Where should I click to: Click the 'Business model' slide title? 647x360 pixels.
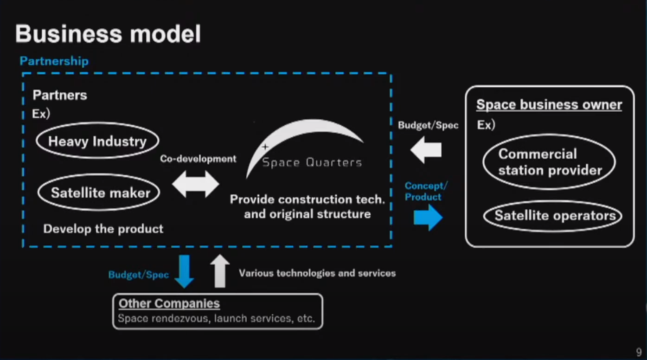coord(108,34)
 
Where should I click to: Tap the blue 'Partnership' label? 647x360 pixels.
coord(54,61)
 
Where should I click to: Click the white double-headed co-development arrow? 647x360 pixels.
coord(196,184)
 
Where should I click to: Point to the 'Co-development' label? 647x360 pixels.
coord(198,159)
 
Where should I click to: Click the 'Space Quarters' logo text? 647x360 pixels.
coord(312,163)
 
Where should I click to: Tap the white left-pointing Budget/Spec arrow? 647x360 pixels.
coord(426,150)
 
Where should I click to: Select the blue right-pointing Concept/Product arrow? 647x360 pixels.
coord(428,218)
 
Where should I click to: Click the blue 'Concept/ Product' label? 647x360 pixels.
coord(426,191)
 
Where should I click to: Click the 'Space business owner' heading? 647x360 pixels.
coord(549,104)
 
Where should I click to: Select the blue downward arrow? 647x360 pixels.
coord(184,271)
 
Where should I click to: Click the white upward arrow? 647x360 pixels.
coord(220,271)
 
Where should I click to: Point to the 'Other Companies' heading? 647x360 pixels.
coord(169,303)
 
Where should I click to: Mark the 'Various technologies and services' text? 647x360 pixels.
coord(317,273)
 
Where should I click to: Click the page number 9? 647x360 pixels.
coord(639,352)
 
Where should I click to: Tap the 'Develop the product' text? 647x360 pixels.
coord(103,229)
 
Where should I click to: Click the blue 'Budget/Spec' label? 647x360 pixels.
coord(138,275)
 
